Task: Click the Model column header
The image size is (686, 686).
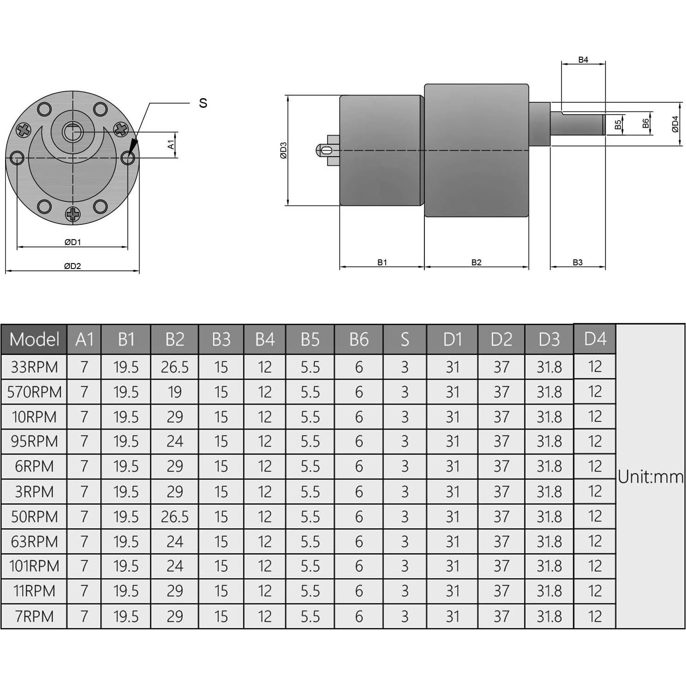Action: point(34,340)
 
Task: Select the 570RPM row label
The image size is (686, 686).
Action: point(34,392)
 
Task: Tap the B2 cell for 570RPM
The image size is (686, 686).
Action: point(175,392)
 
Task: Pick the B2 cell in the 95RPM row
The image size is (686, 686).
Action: point(175,441)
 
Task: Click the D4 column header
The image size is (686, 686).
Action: point(595,339)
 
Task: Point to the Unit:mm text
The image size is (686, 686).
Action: point(651,477)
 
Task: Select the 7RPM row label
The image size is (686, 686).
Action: point(34,616)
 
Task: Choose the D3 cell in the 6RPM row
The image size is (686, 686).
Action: point(549,466)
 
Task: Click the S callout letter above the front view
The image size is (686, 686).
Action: point(203,103)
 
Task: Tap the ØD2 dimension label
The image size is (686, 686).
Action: point(72,266)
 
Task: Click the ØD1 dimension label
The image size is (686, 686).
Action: point(72,242)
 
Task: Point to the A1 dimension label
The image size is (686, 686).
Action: point(171,145)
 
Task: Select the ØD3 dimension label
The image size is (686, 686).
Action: point(283,150)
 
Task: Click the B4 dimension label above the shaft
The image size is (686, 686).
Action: point(583,60)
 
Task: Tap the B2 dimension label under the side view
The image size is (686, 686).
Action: point(476,262)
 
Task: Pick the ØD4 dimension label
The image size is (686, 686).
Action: point(675,123)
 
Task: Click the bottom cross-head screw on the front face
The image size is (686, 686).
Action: point(72,214)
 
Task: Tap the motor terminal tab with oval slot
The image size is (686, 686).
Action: point(328,150)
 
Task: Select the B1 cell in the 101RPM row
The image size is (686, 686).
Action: point(126,566)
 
